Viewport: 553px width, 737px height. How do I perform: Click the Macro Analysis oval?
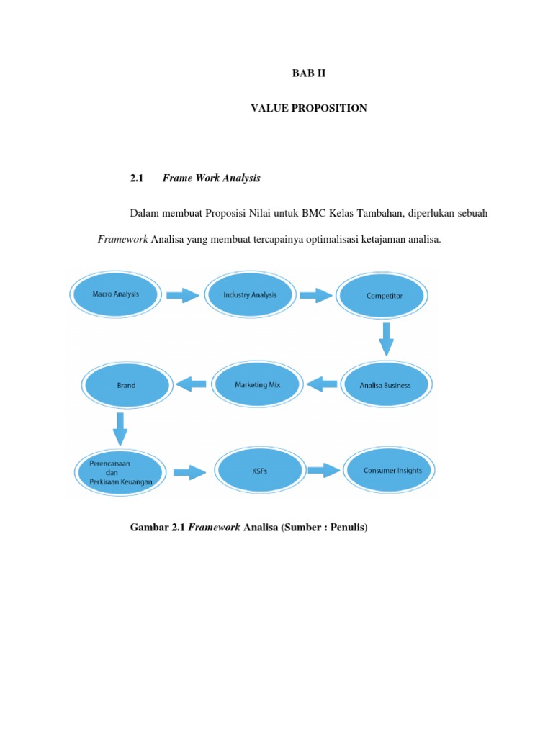pos(115,294)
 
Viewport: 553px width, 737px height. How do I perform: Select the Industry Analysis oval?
pos(249,295)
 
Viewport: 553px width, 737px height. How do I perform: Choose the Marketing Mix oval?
pos(257,385)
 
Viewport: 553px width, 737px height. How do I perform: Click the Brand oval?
pos(126,385)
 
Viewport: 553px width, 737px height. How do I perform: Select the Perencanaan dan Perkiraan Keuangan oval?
pos(120,471)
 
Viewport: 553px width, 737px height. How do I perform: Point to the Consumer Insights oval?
pos(392,471)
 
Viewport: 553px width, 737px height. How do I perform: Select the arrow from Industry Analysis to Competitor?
pos(315,295)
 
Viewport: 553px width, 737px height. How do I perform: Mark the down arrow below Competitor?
pos(387,338)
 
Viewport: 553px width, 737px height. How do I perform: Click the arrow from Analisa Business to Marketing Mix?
pos(322,385)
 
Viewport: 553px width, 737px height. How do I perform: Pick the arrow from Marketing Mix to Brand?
pos(192,385)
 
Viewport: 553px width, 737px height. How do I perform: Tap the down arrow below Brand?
pos(120,428)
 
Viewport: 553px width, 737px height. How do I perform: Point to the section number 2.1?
pos(137,178)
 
